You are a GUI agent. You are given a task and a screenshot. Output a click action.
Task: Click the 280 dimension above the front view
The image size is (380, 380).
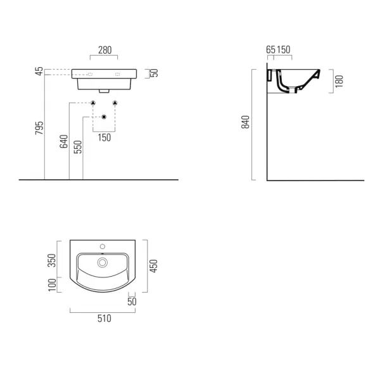coord(105,50)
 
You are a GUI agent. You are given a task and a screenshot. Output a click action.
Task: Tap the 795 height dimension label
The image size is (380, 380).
coord(39,128)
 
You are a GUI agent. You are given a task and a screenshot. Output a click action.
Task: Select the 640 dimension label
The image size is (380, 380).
coord(64,141)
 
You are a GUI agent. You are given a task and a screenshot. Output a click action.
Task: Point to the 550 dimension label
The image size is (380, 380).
coord(78,147)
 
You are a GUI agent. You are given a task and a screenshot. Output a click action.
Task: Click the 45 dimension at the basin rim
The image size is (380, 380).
coord(39,71)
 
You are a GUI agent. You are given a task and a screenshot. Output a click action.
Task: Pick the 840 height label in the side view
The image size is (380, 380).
coord(245,122)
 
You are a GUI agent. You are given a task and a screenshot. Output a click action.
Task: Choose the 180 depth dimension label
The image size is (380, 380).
coord(339,81)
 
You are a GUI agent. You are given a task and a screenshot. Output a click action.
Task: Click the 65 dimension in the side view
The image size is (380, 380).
coord(270,49)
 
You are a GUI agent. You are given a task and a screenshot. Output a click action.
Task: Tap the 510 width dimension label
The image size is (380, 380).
coord(104,318)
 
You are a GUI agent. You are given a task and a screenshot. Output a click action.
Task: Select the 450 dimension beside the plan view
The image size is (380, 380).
coord(153,266)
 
